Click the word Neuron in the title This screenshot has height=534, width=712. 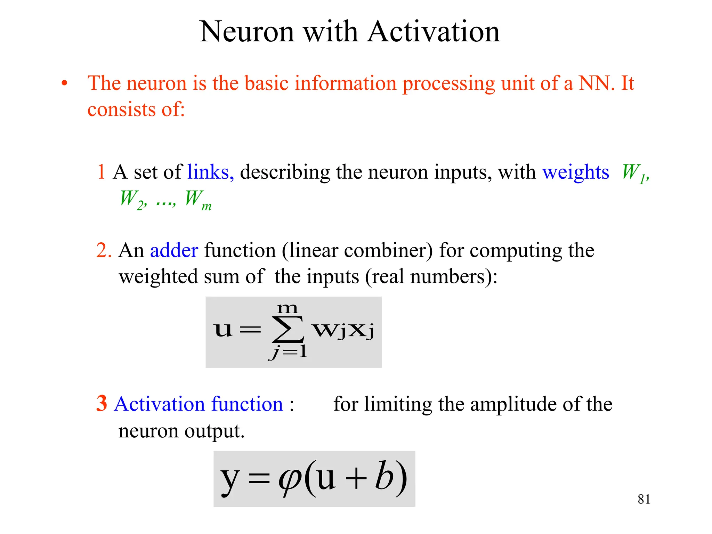(247, 32)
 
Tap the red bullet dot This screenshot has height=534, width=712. (64, 83)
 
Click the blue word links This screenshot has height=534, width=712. (210, 172)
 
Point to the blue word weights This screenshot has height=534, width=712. (576, 172)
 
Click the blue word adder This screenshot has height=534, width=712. (174, 250)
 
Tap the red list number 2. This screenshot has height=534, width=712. (103, 250)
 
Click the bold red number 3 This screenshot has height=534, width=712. (102, 404)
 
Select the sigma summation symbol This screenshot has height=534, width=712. (288, 329)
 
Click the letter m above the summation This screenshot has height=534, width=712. (287, 308)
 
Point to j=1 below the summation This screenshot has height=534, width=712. (288, 352)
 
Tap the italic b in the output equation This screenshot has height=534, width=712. (384, 476)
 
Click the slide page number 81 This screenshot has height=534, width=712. (644, 499)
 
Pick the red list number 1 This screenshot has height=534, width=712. (101, 172)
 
